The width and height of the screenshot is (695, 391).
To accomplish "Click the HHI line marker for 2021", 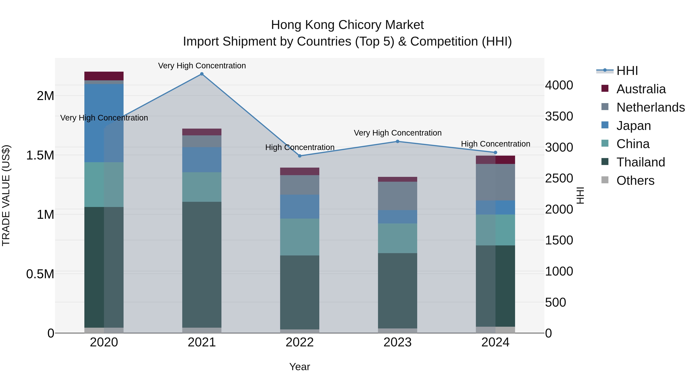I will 202,74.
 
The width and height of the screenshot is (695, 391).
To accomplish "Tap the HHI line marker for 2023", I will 398,141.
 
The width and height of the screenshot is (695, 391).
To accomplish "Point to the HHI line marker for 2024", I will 495,153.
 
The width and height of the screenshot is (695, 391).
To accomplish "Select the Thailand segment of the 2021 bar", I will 202,265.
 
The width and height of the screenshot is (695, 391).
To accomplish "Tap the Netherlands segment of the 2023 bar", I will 398,196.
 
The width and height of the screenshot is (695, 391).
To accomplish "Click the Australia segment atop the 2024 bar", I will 495,160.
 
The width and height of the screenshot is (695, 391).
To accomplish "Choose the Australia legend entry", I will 641,89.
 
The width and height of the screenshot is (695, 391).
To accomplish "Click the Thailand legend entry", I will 641,162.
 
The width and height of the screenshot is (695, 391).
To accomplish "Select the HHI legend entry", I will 627,71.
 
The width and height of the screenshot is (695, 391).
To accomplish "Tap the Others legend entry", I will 635,181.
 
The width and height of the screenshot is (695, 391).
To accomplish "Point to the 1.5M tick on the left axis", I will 40,155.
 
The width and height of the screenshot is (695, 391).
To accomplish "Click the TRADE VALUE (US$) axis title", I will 6,195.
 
